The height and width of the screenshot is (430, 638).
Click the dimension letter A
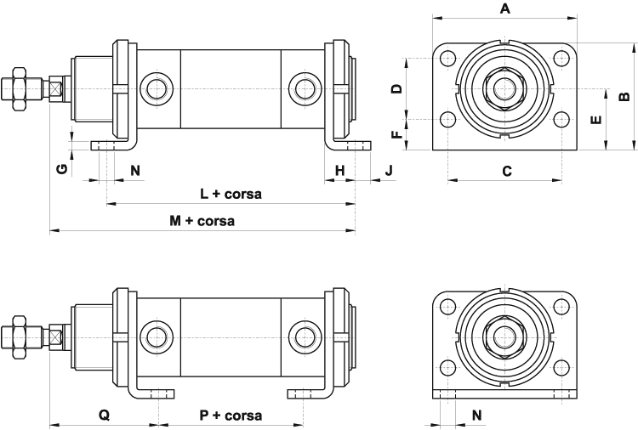pos(504,9)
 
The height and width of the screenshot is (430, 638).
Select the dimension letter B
pos(624,96)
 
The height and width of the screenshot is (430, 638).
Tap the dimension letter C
pos(506,171)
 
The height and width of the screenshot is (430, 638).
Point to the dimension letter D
pos(396,88)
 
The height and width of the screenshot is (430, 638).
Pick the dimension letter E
pos(596,119)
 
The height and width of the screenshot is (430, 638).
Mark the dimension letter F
pos(396,134)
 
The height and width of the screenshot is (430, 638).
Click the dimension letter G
pos(61,169)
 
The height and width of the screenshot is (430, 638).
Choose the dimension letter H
pos(339,171)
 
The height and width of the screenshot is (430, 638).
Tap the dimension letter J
pos(390,171)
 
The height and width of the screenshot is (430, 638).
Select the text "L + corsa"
pos(231,194)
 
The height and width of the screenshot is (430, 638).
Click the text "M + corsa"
pos(202,221)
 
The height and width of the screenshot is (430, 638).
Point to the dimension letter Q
pos(104,416)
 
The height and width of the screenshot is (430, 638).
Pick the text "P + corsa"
pos(231,416)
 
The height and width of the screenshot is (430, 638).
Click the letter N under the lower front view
pos(476,416)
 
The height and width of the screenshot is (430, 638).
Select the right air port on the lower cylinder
pos(303,337)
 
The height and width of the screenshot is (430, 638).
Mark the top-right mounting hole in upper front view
pos(561,59)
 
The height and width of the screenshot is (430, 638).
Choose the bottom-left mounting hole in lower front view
pos(447,367)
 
